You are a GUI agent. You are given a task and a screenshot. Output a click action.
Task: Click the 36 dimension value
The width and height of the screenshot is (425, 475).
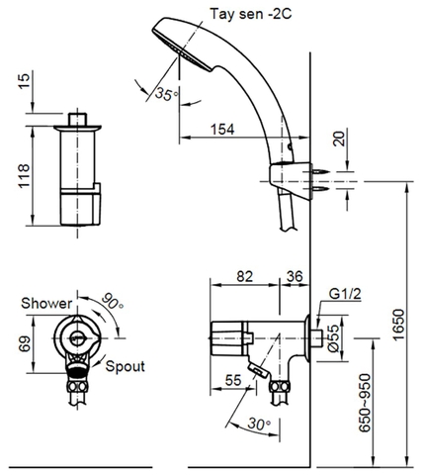pyautogui.click(x=294, y=277)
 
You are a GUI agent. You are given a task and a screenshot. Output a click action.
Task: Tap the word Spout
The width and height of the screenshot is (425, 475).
pyautogui.click(x=124, y=365)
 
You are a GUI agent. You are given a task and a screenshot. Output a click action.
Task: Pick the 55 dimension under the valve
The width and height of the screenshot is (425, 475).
pyautogui.click(x=234, y=379)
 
